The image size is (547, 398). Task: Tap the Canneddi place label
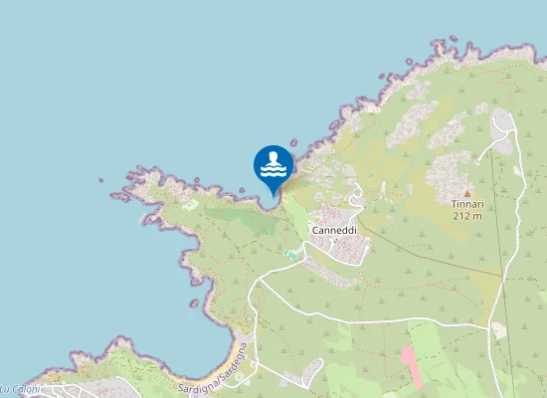(x=334, y=230)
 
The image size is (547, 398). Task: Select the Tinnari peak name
(x=466, y=203)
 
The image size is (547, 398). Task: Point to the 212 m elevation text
(x=466, y=215)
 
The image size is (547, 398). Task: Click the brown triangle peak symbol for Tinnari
(x=466, y=192)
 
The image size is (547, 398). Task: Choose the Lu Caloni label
(x=20, y=389)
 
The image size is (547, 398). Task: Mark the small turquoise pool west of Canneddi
(x=291, y=255)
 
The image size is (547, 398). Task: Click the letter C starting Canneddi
(x=315, y=230)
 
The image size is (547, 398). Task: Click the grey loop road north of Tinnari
(x=502, y=124)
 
